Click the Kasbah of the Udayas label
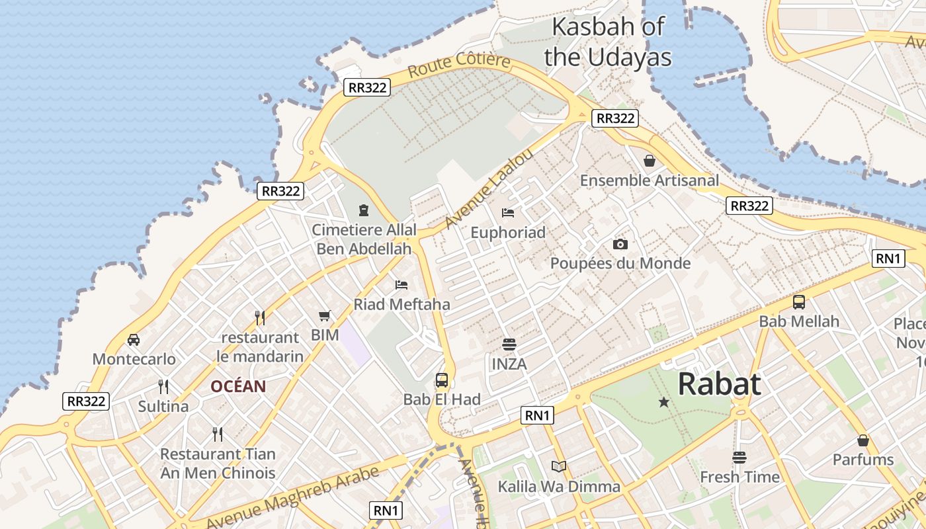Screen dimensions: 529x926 pos(607,42)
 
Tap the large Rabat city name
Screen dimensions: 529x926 pos(719,384)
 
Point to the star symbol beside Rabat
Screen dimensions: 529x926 pos(663,402)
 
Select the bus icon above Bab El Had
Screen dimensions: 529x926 pos(442,380)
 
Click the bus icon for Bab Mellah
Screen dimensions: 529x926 pos(799,302)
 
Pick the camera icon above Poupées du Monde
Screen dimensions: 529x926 pos(620,244)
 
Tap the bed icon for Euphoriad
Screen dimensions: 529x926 pos(508,212)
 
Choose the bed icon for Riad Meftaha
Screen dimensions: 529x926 pos(401,285)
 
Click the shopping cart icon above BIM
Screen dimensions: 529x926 pos(324,315)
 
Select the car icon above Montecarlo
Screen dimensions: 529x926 pos(134,340)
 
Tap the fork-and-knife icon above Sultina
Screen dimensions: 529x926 pos(163,386)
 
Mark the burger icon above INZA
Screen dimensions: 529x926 pos(509,344)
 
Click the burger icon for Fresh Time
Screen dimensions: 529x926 pos(739,457)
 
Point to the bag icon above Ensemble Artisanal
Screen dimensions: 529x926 pos(650,161)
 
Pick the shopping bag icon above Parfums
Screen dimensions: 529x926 pos(863,440)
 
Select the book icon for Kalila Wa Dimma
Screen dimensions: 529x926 pos(559,467)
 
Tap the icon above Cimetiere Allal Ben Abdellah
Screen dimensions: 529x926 pos(363,210)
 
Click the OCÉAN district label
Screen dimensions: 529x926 pos(238,386)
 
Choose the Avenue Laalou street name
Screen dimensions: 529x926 pos(489,188)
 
